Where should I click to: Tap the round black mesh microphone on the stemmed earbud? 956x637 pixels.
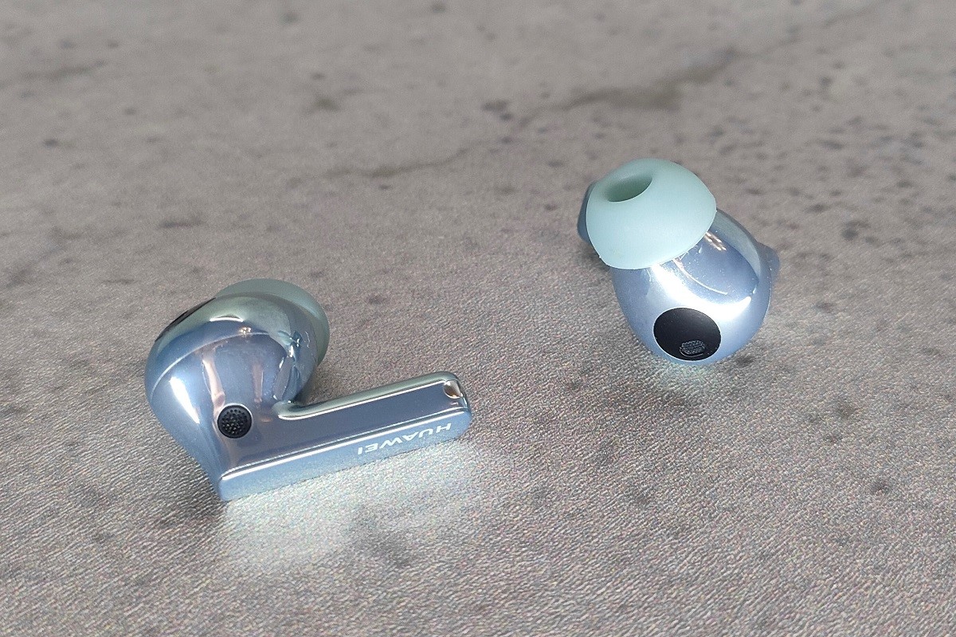[234, 422]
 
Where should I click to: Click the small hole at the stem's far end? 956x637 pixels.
[450, 390]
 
